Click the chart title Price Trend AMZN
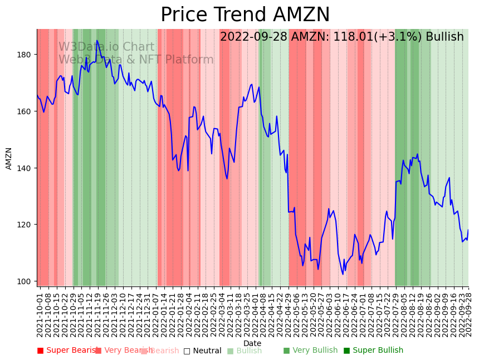[245, 15]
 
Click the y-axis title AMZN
[9, 158]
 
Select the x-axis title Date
[252, 343]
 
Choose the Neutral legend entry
[203, 351]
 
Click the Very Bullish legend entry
[310, 351]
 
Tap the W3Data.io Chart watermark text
[106, 47]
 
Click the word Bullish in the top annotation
[444, 37]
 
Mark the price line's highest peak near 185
[97, 41]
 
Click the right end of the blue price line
[468, 230]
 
